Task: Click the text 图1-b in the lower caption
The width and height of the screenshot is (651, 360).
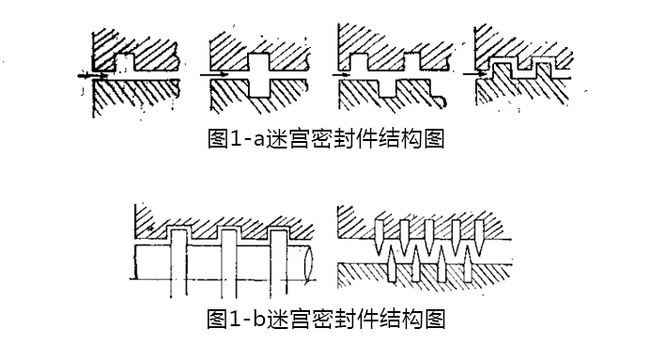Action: (x=231, y=320)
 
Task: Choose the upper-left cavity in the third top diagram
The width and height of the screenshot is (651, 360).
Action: (x=358, y=61)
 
